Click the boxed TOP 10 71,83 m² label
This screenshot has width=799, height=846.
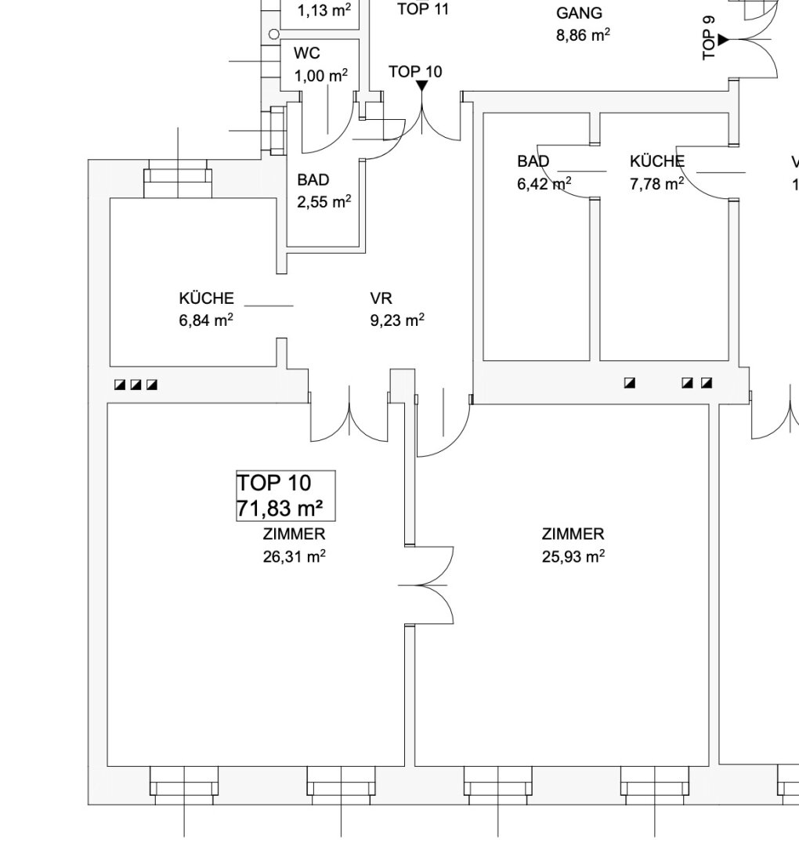click(x=285, y=495)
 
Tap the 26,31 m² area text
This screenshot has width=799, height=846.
click(x=294, y=556)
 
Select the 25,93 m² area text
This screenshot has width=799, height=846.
click(x=573, y=556)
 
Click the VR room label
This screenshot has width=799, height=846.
click(x=381, y=298)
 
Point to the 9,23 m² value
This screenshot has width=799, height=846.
click(x=397, y=320)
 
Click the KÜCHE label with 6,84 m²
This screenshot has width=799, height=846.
click(x=207, y=298)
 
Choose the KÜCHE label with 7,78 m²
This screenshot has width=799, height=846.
click(x=657, y=161)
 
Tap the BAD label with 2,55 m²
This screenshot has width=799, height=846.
click(x=313, y=179)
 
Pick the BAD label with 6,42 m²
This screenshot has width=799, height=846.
click(x=533, y=161)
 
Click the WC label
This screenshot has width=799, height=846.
click(x=307, y=53)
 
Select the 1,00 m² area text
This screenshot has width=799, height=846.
click(x=321, y=75)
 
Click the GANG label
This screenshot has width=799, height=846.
click(x=579, y=13)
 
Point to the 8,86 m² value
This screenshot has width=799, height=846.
click(x=584, y=35)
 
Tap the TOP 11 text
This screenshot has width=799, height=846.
click(x=423, y=9)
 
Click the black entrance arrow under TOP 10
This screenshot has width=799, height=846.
click(x=422, y=86)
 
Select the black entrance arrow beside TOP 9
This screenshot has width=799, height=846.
click(x=723, y=39)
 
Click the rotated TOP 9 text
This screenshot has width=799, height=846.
click(x=709, y=38)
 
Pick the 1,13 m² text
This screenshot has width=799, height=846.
click(x=324, y=9)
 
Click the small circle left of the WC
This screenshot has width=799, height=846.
click(x=273, y=34)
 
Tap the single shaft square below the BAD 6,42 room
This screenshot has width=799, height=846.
click(x=630, y=383)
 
